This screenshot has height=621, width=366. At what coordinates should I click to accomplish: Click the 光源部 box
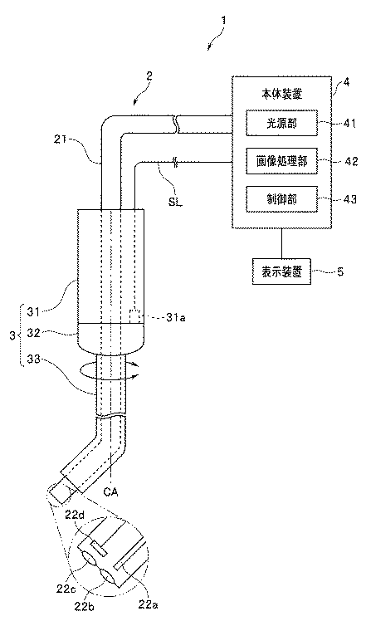pyautogui.click(x=281, y=123)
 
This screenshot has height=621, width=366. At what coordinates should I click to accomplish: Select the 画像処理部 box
pyautogui.click(x=281, y=161)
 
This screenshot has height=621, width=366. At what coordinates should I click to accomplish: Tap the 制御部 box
pyautogui.click(x=281, y=198)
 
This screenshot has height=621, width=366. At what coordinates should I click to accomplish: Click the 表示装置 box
pyautogui.click(x=281, y=271)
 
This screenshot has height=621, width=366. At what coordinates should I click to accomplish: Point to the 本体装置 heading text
pyautogui.click(x=282, y=95)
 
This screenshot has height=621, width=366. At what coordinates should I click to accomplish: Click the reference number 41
pyautogui.click(x=348, y=124)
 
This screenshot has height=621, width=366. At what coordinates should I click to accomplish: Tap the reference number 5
pyautogui.click(x=340, y=272)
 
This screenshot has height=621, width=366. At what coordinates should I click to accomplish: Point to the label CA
pyautogui.click(x=110, y=492)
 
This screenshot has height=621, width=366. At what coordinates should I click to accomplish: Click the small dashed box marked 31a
pyautogui.click(x=136, y=316)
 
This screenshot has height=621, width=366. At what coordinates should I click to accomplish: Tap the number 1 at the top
pyautogui.click(x=223, y=21)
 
